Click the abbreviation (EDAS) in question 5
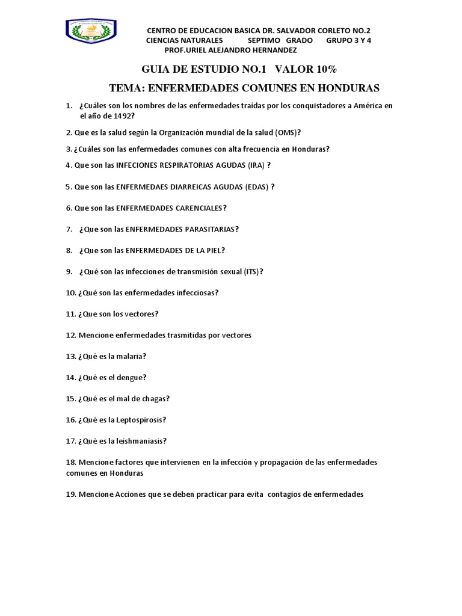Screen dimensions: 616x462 pos(257,186)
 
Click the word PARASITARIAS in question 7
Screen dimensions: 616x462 pos(208,229)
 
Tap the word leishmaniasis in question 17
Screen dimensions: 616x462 pos(140,441)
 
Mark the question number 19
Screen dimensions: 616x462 pos(71,494)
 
